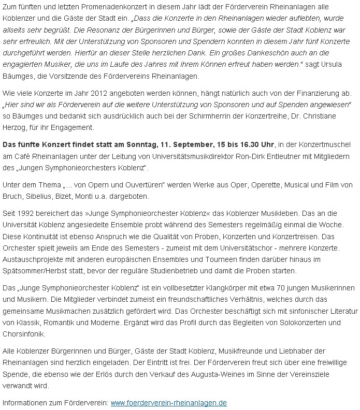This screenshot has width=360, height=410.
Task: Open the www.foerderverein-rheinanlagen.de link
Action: coord(169,403)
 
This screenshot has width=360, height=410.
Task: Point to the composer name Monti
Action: coord(91,196)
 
